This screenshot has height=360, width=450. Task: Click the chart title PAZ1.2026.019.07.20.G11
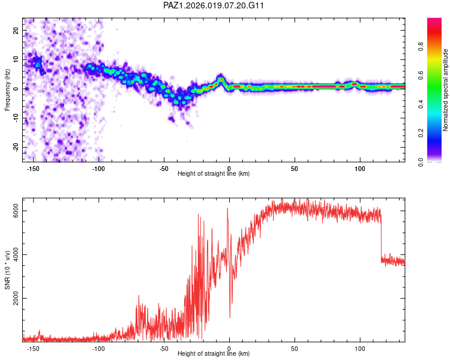pyautogui.click(x=213, y=5)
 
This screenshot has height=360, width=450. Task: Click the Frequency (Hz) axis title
pyautogui.click(x=7, y=89)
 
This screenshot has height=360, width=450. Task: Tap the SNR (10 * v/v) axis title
pyautogui.click(x=7, y=270)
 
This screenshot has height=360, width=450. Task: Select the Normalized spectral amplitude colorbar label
pyautogui.click(x=445, y=90)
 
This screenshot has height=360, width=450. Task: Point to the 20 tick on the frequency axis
pyautogui.click(x=16, y=30)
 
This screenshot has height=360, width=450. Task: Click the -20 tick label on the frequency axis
pyautogui.click(x=16, y=147)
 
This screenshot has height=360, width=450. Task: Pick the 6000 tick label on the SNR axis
pyautogui.click(x=16, y=211)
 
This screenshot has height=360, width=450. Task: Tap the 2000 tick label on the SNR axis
pyautogui.click(x=16, y=298)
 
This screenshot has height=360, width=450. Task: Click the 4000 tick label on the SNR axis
pyautogui.click(x=16, y=254)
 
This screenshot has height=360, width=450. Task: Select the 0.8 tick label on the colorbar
pyautogui.click(x=421, y=46)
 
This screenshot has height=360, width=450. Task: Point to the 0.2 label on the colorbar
pyautogui.click(x=421, y=133)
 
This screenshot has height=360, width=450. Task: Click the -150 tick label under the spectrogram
pyautogui.click(x=33, y=169)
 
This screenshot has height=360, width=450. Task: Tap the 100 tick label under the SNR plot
pyautogui.click(x=360, y=349)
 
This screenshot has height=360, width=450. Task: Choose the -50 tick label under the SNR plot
pyautogui.click(x=164, y=349)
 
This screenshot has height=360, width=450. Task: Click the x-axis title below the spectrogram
pyautogui.click(x=214, y=173)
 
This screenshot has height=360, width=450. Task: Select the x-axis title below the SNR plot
pyautogui.click(x=214, y=353)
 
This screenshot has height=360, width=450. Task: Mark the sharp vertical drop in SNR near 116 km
pyautogui.click(x=382, y=238)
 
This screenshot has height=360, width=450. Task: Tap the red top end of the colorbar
pyautogui.click(x=434, y=19)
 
